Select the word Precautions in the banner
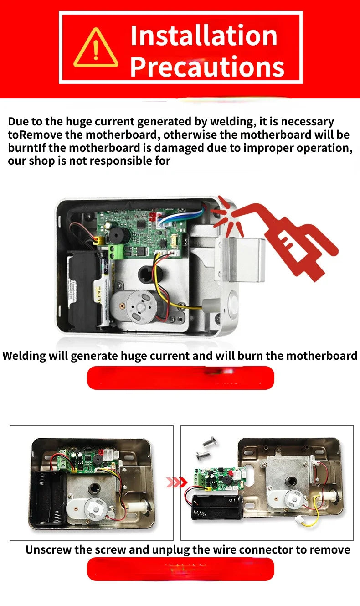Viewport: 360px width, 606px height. [207, 66]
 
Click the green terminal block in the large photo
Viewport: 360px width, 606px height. [115, 251]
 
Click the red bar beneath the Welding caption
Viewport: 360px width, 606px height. [180, 378]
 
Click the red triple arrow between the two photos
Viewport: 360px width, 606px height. [177, 482]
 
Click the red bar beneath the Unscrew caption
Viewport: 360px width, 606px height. [180, 569]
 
